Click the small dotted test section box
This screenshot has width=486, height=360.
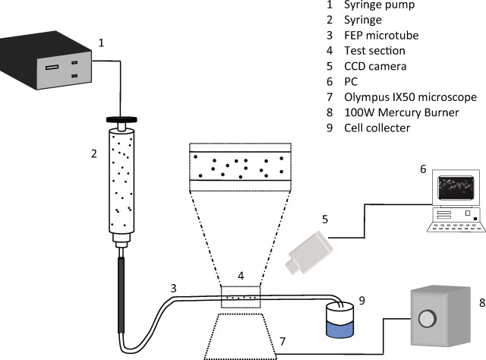point(240,297)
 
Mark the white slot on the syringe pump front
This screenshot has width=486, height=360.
point(52,68)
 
